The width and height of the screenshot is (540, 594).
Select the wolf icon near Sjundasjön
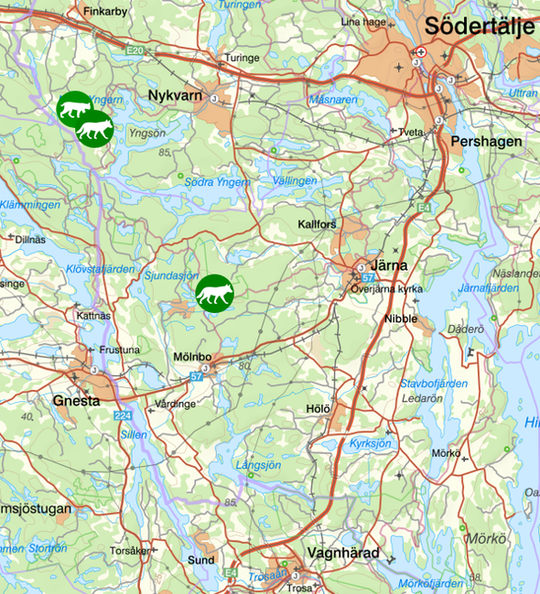(x=215, y=293)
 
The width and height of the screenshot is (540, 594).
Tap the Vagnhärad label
(x=342, y=553)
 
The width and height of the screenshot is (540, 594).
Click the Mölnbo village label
(x=192, y=356)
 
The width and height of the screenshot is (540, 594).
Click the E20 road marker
(x=135, y=49)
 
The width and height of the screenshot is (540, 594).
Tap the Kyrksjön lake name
(x=370, y=443)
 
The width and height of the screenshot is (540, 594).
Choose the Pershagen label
(x=486, y=142)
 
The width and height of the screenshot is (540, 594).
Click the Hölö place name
(x=318, y=407)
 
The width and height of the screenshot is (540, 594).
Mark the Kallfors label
(x=318, y=224)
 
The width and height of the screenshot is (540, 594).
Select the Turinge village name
(x=242, y=56)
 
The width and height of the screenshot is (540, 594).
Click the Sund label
(x=200, y=560)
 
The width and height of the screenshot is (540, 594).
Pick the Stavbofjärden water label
(x=434, y=383)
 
